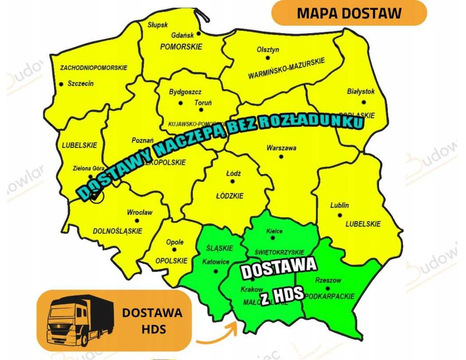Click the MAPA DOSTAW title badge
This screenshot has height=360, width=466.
click(349, 13)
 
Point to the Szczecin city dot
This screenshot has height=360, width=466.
click(61, 84)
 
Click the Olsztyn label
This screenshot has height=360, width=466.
click(268, 49)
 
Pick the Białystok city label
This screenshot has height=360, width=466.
click(361, 92)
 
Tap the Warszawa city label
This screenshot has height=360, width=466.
click(281, 148)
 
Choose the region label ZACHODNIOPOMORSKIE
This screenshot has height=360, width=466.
click(94, 67)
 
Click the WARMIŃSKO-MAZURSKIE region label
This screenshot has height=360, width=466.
click(287, 68)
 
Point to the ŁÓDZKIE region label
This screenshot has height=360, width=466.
click(229, 196)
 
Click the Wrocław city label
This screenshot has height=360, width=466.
click(140, 212)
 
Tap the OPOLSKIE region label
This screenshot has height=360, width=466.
click(170, 261)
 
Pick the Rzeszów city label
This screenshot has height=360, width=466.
click(328, 281)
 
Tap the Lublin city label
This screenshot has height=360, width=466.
click(339, 205)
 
